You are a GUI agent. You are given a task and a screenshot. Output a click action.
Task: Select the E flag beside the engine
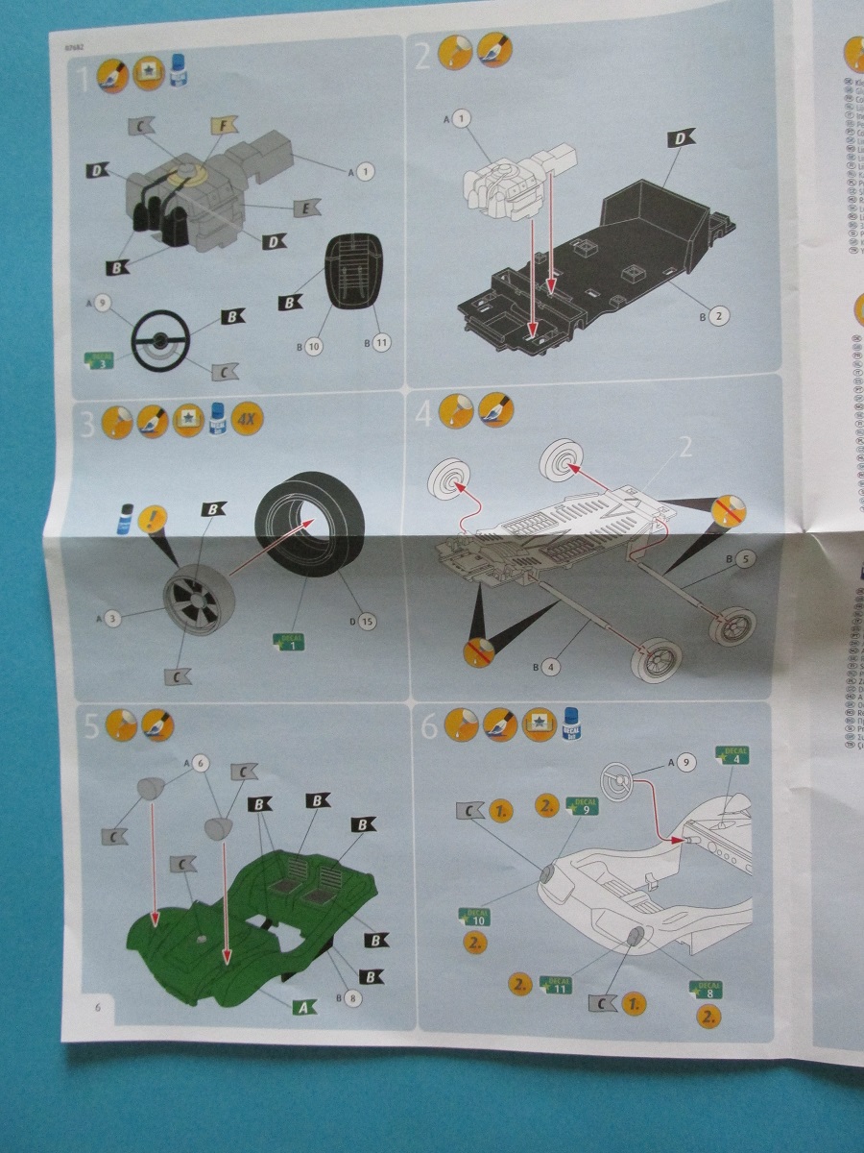tap(305, 207)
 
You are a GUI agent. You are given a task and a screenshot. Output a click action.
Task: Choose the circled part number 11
tap(381, 343)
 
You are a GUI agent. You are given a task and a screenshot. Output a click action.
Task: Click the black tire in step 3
tap(305, 525)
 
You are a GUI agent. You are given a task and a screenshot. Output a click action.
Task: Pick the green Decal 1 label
tap(288, 641)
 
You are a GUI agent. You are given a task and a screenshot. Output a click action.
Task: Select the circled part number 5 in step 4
tap(748, 556)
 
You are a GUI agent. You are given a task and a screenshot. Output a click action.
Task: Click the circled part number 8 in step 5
tap(353, 998)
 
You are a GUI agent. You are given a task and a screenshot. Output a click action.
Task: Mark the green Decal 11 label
tap(556, 985)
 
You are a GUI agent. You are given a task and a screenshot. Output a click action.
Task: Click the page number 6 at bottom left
tap(97, 1006)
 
